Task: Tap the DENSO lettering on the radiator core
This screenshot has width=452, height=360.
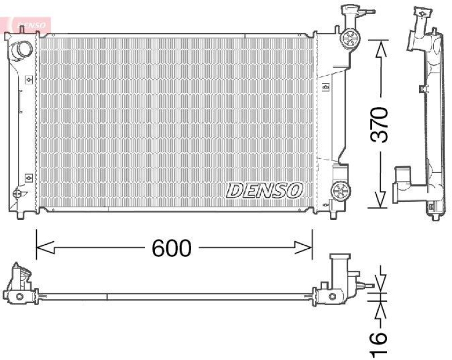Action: pyautogui.click(x=265, y=190)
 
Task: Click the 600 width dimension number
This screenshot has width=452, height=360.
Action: pyautogui.click(x=172, y=248)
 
